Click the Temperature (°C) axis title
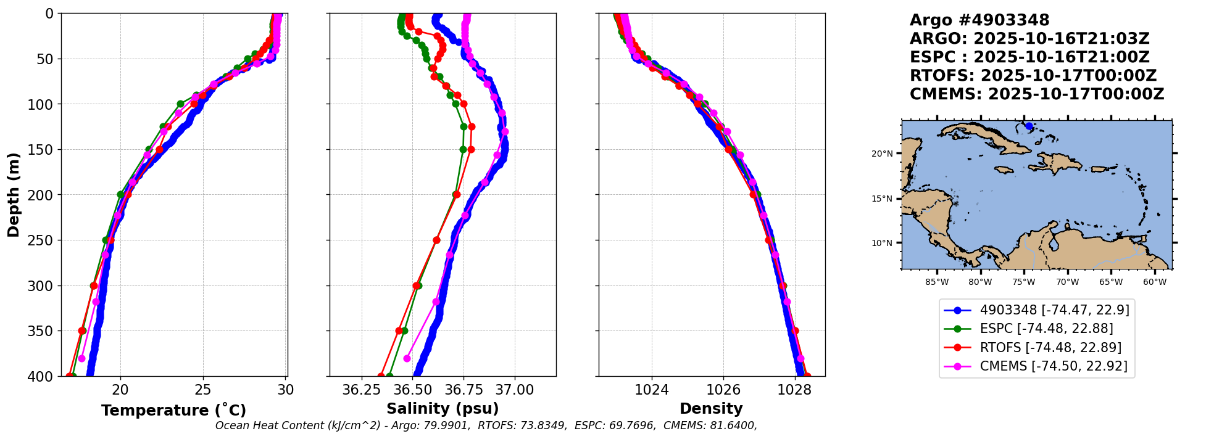173,410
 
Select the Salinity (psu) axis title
443,409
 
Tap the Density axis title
711,409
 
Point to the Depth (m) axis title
14,195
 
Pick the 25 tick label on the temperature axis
202,390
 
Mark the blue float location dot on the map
1029,126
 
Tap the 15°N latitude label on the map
882,199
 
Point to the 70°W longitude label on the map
1067,282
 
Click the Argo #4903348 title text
979,20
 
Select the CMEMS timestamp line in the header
1037,94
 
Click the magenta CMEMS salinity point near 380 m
407,358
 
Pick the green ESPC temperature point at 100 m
180,104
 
